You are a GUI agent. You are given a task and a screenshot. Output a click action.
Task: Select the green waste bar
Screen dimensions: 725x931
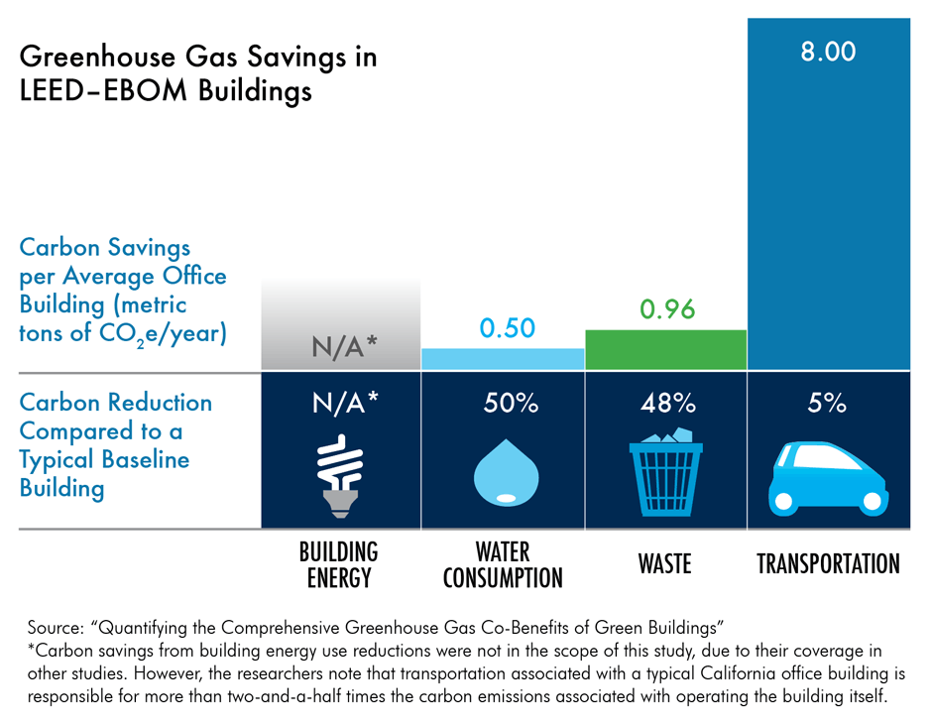pos(665,350)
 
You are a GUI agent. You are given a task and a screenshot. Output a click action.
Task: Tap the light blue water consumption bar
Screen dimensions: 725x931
pos(503,359)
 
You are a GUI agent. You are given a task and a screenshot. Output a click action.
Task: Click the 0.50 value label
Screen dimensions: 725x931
pos(507,328)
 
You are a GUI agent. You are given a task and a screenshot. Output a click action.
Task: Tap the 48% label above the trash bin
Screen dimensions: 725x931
pos(665,404)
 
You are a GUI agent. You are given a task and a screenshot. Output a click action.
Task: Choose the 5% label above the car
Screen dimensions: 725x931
pos(827,404)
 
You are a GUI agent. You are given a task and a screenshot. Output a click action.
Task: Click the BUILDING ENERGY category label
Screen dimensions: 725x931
pos(339,564)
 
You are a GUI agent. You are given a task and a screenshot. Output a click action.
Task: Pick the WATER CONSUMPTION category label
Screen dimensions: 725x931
pos(503,564)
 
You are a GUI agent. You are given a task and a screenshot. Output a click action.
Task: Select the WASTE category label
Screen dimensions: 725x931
pos(664,565)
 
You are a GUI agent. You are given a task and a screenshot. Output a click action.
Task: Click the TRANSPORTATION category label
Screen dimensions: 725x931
pos(828,565)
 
